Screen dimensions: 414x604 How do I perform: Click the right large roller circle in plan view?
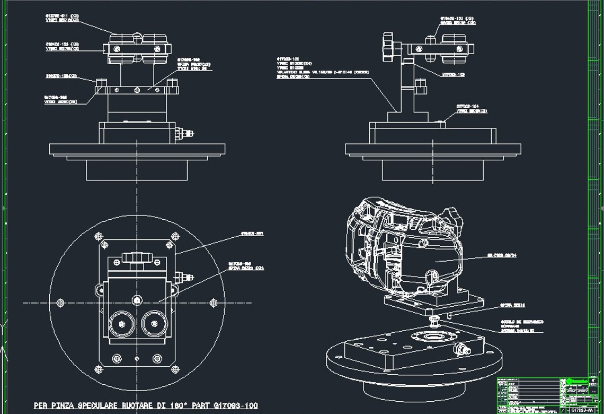[154, 323]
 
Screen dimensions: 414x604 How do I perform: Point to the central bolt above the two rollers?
[137, 300]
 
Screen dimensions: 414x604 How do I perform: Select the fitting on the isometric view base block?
[459, 348]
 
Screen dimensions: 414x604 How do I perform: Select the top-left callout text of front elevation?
[63, 18]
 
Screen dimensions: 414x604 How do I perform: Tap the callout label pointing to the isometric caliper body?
[502, 255]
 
